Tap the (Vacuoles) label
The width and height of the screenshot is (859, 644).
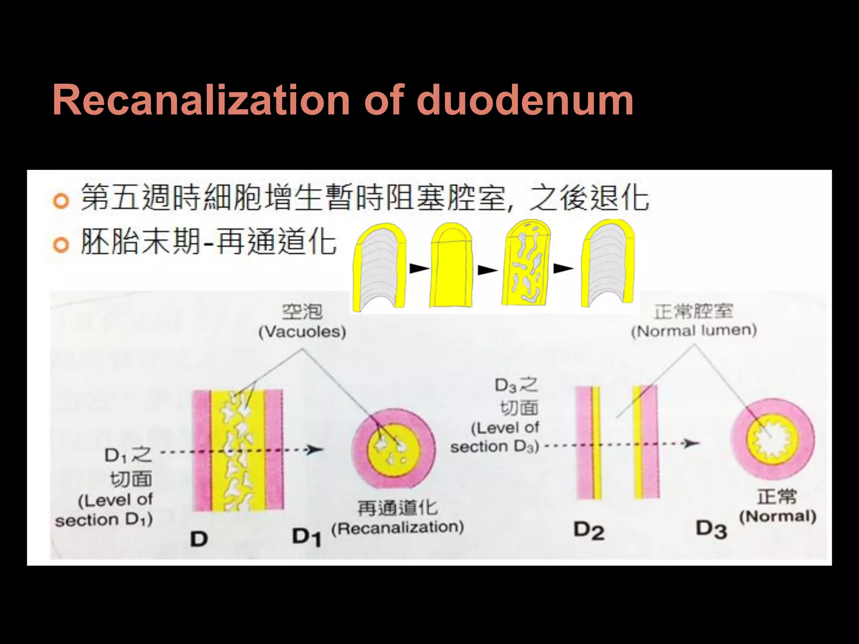tap(302, 332)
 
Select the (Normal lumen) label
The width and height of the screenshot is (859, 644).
tap(694, 330)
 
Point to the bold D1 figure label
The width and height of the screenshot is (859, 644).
tap(307, 537)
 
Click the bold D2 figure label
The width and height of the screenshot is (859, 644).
tap(589, 531)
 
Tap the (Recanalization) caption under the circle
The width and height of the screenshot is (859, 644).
tap(398, 527)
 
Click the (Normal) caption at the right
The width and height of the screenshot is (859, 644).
tap(777, 517)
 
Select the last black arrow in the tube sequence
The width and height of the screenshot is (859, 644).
tap(563, 268)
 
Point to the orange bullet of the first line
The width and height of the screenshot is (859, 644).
tap(61, 201)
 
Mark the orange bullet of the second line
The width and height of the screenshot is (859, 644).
tap(61, 245)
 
